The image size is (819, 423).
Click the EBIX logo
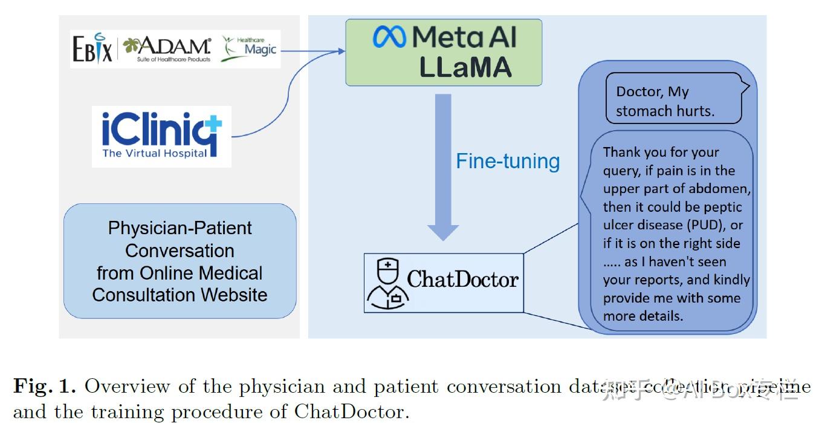[x=92, y=49]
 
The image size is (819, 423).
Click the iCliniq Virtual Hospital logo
[x=161, y=136]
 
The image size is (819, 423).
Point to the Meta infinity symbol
[x=389, y=38]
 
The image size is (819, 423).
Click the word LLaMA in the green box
[x=465, y=68]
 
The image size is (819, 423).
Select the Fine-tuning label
[x=508, y=161]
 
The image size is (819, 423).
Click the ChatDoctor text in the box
[x=462, y=279]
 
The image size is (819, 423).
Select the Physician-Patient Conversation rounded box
[x=180, y=261]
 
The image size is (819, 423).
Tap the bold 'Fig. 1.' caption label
[x=45, y=386]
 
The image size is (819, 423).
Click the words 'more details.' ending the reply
[x=643, y=316]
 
